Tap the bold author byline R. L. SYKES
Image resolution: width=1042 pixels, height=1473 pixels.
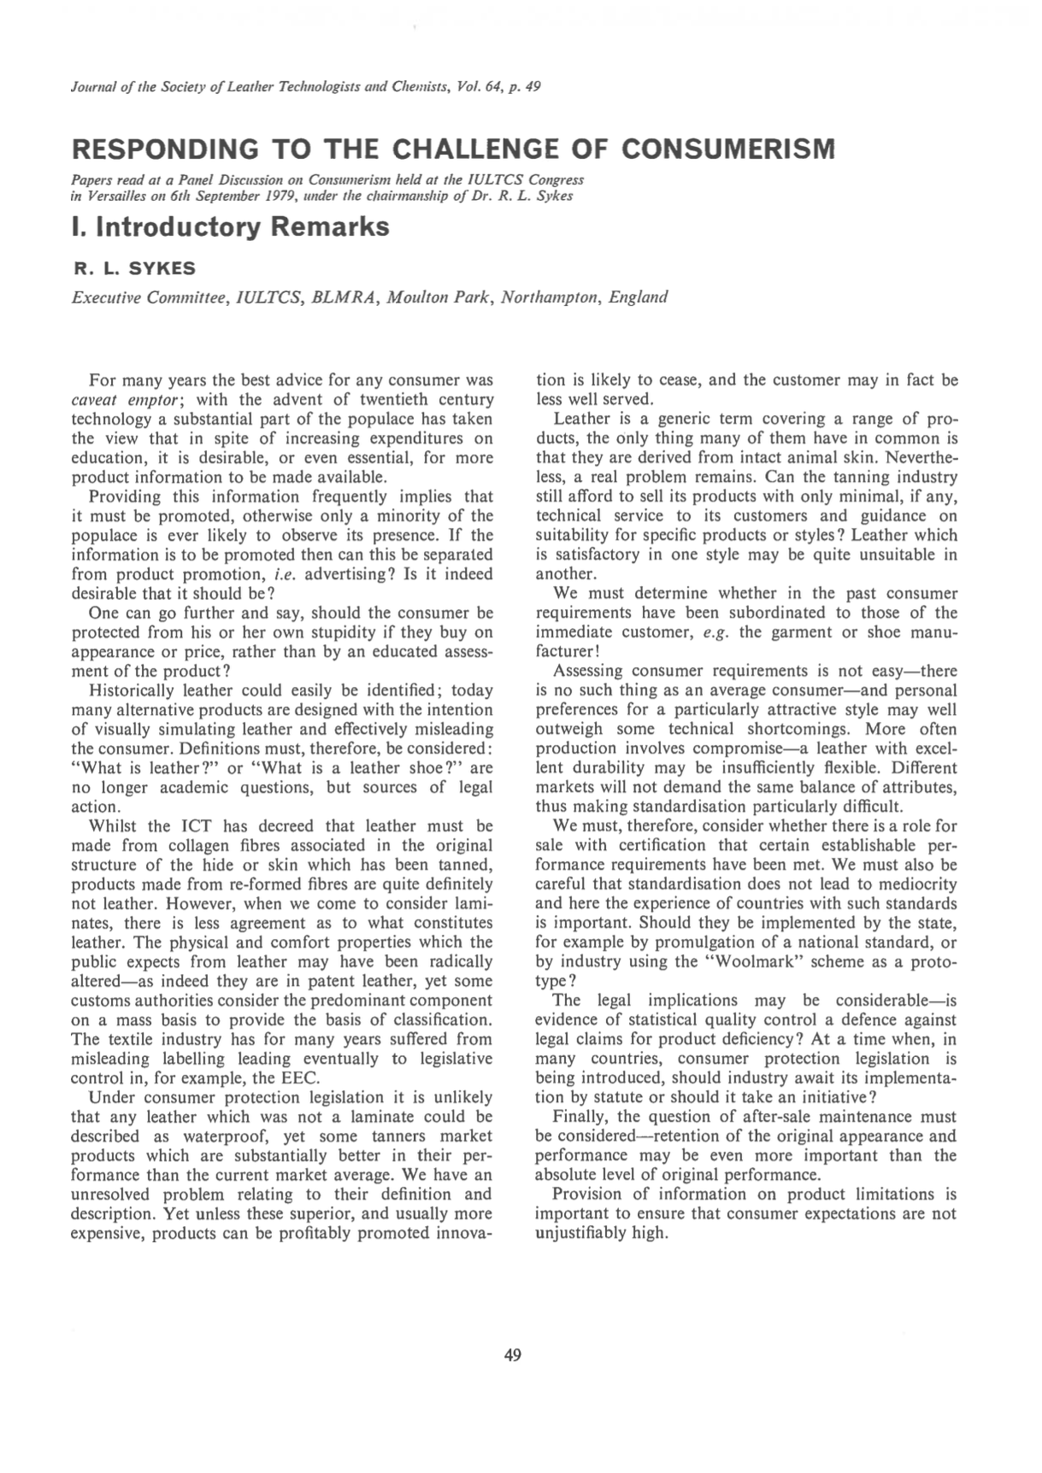pyautogui.click(x=134, y=268)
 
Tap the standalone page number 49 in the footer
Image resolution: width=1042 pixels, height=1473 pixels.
pyautogui.click(x=513, y=1354)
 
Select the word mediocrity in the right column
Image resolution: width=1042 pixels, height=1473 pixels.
pyautogui.click(x=913, y=884)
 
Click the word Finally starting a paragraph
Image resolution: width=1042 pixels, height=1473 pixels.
pyautogui.click(x=580, y=1117)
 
